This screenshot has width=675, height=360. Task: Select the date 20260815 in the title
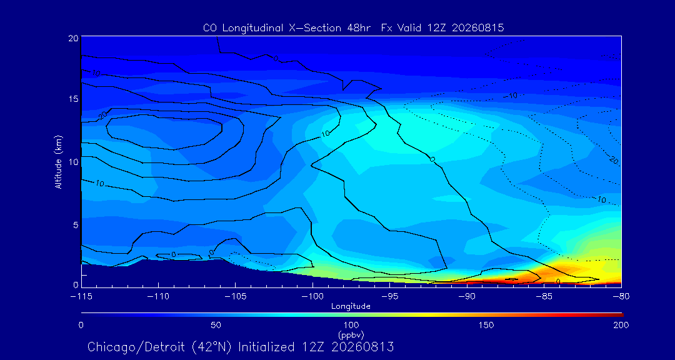click(478, 28)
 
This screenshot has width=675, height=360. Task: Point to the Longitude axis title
click(351, 307)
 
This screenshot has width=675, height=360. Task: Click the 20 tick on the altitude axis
click(74, 38)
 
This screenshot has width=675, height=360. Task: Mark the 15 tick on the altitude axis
click(74, 99)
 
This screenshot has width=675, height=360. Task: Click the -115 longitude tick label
click(81, 297)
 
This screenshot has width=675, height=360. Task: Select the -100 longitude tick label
click(312, 297)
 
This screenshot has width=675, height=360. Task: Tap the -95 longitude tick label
click(389, 297)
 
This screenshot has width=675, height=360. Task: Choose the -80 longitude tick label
click(621, 297)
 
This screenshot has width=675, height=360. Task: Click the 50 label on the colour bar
click(216, 325)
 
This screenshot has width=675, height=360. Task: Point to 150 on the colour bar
click(486, 325)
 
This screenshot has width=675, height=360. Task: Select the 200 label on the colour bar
click(622, 325)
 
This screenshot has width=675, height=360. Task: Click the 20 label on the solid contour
click(102, 116)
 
